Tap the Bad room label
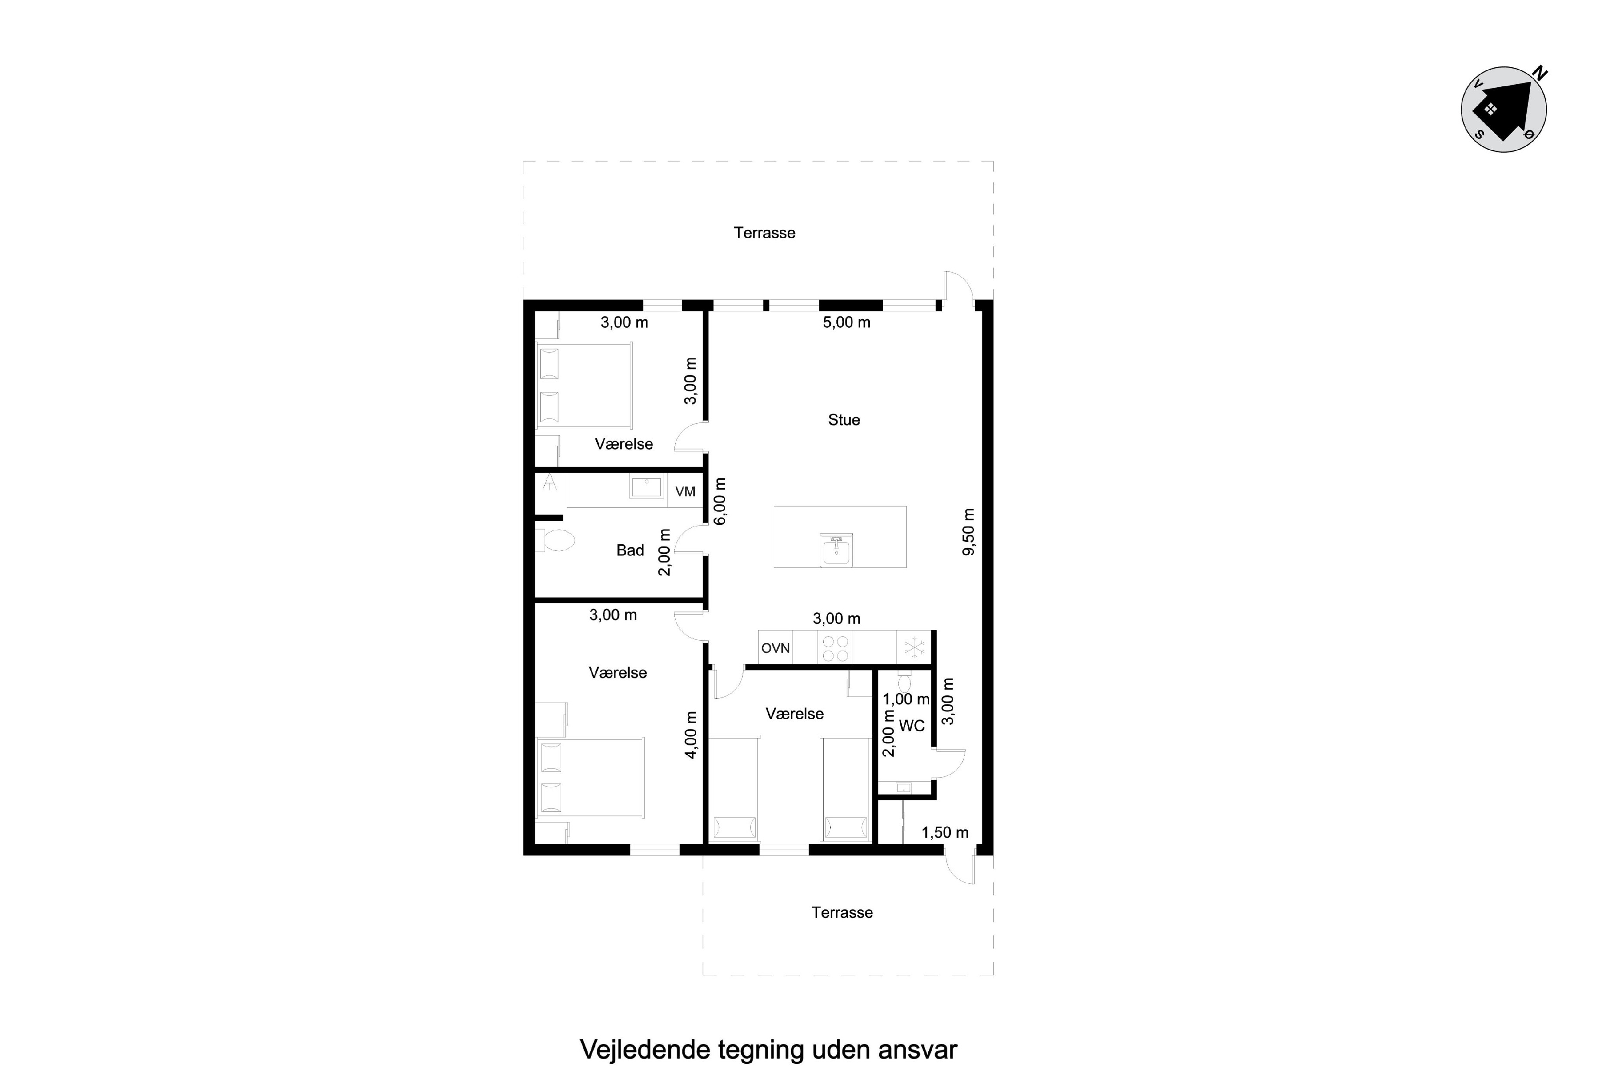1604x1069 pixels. [630, 550]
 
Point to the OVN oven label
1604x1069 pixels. [775, 648]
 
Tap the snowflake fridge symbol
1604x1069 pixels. [914, 648]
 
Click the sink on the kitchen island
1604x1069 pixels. [836, 549]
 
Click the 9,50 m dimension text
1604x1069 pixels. [968, 532]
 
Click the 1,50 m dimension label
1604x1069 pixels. [945, 832]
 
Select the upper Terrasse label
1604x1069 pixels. [764, 233]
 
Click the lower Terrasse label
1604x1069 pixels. [842, 913]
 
